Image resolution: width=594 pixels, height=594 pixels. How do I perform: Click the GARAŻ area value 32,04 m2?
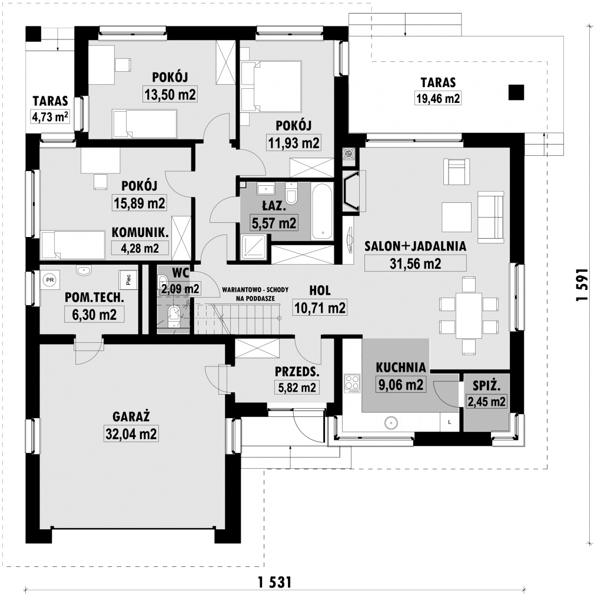[x=131, y=433]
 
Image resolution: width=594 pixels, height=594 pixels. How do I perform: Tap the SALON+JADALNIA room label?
[x=416, y=246]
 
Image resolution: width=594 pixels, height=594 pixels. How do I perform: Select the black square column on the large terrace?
[x=516, y=92]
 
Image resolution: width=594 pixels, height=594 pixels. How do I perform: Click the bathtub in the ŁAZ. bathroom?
[x=322, y=211]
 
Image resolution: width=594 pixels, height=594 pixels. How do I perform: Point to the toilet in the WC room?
[x=173, y=315]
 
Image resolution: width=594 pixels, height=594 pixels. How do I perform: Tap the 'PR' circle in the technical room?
[x=49, y=280]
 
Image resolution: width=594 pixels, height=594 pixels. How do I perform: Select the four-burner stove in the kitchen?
[x=352, y=383]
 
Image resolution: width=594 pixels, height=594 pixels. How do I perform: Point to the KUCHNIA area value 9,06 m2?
[x=400, y=385]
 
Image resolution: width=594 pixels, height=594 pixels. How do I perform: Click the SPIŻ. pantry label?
[x=486, y=386]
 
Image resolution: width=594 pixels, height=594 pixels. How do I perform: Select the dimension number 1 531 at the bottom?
[x=275, y=582]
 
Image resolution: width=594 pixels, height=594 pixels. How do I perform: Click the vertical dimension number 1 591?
[x=582, y=285]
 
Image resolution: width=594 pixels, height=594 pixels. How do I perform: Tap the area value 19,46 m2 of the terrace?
[x=438, y=99]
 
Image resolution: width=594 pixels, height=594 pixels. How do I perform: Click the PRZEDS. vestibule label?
[x=297, y=372]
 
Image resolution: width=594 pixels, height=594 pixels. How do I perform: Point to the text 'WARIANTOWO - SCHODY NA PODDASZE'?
[x=255, y=294]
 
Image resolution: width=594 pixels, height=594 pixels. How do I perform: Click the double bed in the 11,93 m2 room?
[x=271, y=87]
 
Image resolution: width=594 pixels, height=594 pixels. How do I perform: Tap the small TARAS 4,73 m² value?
[x=50, y=116]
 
